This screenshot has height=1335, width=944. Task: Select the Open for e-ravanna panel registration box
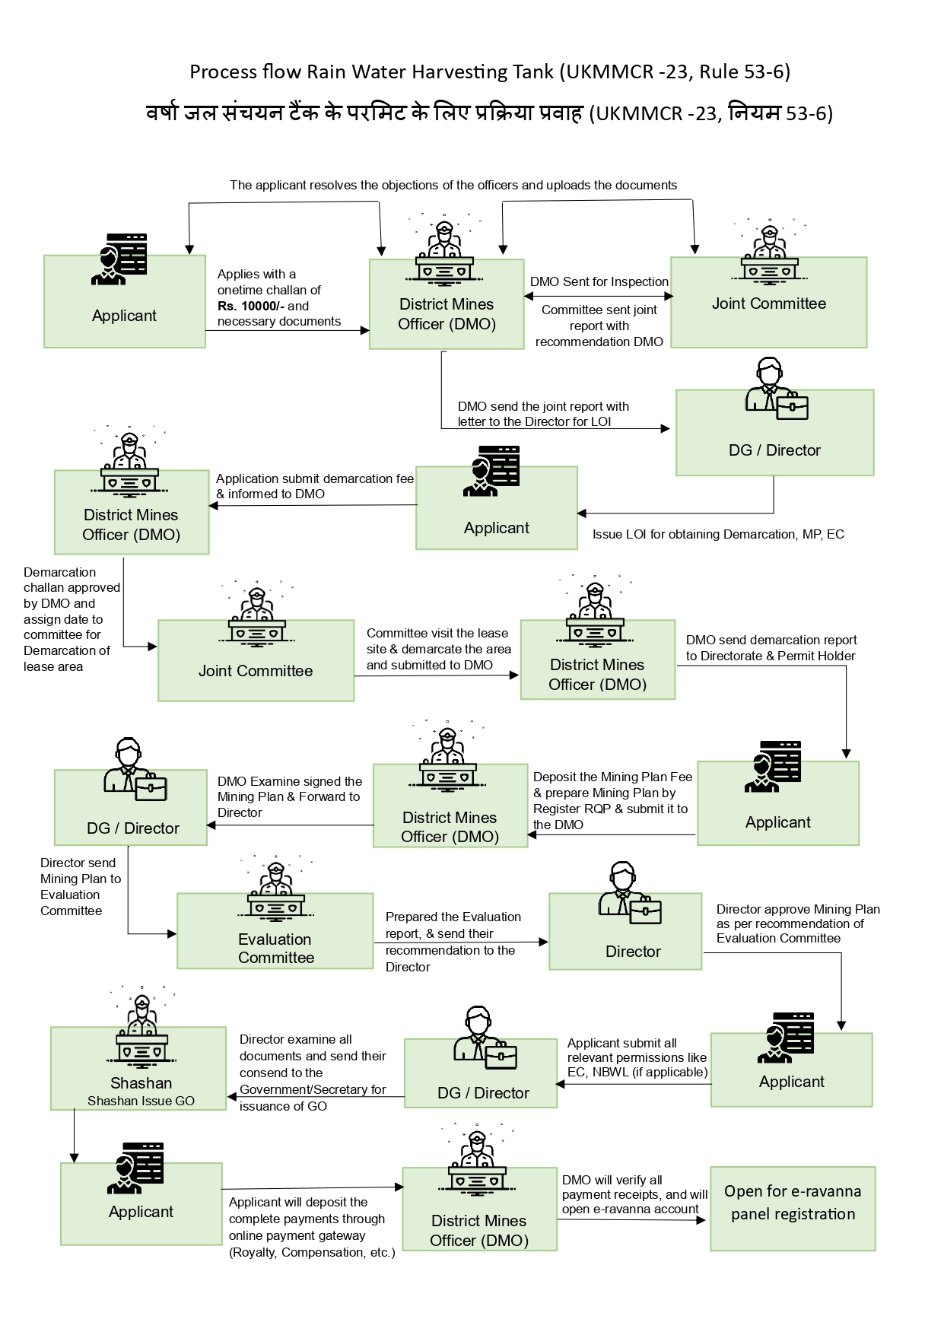(793, 1208)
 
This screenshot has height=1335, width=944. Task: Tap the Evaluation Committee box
(275, 931)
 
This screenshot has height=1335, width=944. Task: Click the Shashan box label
(141, 1082)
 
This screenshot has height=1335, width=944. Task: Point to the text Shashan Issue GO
(141, 1101)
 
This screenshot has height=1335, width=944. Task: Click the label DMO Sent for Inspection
(599, 281)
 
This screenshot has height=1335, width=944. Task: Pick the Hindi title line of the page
(489, 113)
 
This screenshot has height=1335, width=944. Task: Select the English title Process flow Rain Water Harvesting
(489, 72)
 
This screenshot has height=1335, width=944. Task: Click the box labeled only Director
(625, 932)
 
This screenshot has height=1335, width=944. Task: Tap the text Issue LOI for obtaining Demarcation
(717, 534)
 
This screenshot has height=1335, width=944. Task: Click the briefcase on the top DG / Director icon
(792, 407)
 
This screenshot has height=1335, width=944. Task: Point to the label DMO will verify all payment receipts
(634, 1194)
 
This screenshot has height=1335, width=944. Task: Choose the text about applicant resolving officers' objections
(453, 185)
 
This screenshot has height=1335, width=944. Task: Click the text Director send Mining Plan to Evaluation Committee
(80, 886)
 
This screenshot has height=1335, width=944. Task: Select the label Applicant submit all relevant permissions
(637, 1057)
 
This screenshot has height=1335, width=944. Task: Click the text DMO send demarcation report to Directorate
(771, 648)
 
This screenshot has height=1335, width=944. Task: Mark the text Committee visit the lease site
(438, 649)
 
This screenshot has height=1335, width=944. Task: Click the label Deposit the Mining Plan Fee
(612, 800)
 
